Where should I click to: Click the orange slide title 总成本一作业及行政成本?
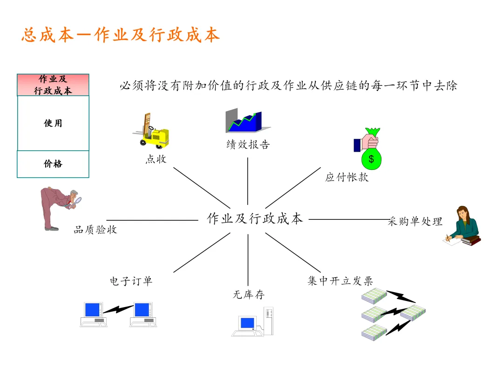coord(120,35)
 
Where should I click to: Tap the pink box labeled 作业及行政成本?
coord(53,85)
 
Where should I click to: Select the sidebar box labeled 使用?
coord(53,123)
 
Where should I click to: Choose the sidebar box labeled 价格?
coord(53,164)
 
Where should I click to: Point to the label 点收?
coord(156,159)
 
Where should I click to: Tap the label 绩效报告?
coord(248,145)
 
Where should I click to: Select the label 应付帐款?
coord(347,177)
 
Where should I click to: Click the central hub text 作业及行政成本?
coord(255,218)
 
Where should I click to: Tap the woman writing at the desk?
coord(462,226)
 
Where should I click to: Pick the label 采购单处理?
coord(415,221)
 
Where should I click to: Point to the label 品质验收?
coord(95,230)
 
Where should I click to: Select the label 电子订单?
coord(131,281)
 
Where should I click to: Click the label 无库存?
coord(248,295)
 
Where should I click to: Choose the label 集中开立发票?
coord(340,281)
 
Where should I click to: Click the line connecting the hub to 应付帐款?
coord(293,187)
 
